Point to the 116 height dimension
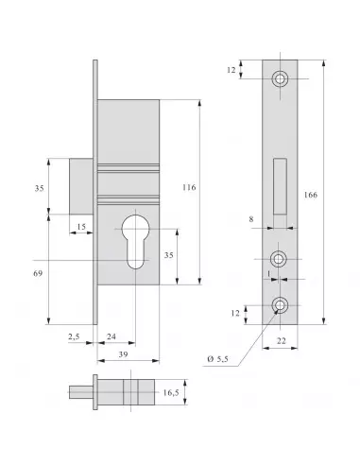coord(189,188)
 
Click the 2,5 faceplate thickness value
coord(73,336)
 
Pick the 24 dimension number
coord(111,336)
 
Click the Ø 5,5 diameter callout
coord(218,357)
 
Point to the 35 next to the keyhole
coord(169,255)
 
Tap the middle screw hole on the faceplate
coord(281,258)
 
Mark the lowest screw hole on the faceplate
coord(281,305)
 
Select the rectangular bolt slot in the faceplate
coord(281,186)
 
